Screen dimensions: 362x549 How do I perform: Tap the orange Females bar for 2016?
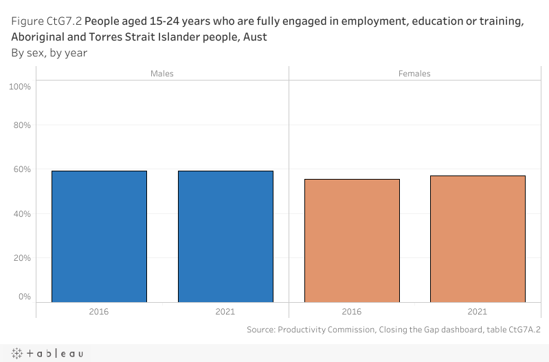[x=352, y=240]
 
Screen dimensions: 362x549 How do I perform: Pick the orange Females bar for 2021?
[x=478, y=238]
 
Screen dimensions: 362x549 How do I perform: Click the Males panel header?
[x=162, y=74]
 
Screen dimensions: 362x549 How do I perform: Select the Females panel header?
[x=414, y=74]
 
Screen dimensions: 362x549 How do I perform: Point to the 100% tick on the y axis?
[x=20, y=87]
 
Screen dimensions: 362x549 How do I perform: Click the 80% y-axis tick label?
[x=22, y=125]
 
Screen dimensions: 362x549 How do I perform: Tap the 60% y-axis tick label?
[x=22, y=169]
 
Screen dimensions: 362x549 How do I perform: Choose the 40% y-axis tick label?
[x=22, y=214]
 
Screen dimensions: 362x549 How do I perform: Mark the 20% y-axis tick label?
[x=22, y=258]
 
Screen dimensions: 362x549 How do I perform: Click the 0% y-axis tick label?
[x=25, y=297]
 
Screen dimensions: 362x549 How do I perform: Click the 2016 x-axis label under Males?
[x=99, y=312]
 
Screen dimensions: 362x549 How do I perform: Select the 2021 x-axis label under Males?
[x=225, y=312]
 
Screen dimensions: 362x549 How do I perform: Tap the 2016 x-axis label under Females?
[x=352, y=312]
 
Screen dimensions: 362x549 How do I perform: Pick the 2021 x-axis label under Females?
[x=478, y=312]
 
